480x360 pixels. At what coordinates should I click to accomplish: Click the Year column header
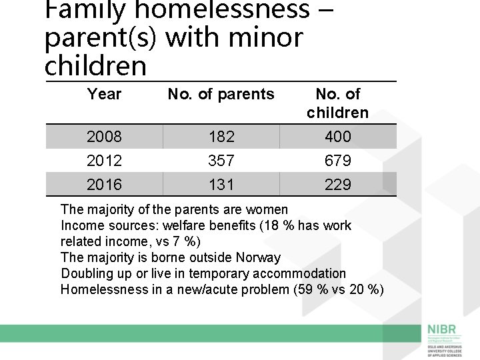pos(104,95)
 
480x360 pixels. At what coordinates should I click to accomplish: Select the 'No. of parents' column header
pos(221,95)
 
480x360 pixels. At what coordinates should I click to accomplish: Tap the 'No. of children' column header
pos(337,103)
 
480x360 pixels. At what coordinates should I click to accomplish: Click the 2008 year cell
pos(104,137)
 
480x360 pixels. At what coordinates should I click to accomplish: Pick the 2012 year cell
pos(104,161)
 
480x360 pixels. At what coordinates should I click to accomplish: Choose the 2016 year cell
pos(104,185)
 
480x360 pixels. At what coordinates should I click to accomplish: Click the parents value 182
pos(221,137)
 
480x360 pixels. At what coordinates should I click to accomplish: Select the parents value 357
pos(221,161)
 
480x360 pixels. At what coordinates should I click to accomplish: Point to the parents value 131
pos(221,185)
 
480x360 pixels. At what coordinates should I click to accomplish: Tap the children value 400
pos(337,137)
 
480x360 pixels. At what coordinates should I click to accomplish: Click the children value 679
pos(337,161)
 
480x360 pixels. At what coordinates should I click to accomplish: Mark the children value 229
pos(337,185)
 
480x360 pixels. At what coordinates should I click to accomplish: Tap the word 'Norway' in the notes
pos(258,258)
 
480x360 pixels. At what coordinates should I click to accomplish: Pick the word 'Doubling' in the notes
pos(85,274)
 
